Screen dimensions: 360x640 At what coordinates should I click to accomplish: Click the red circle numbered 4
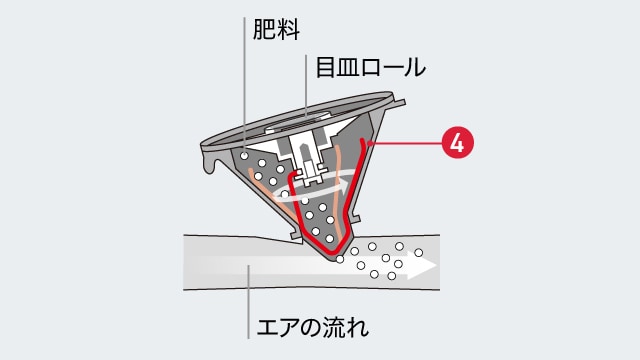[x=457, y=143]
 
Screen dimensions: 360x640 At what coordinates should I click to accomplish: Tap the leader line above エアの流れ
[x=245, y=300]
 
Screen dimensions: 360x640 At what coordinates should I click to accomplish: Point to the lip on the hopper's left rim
[x=208, y=163]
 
